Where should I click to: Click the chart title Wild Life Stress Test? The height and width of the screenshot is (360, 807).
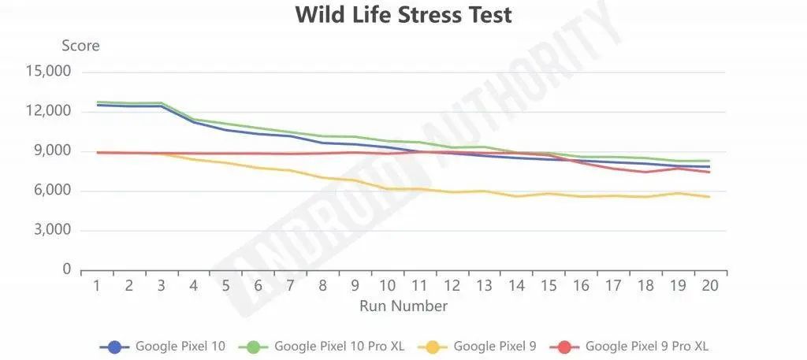point(403,15)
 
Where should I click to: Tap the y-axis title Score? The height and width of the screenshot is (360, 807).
point(80,46)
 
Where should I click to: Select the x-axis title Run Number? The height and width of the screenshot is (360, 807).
point(403,306)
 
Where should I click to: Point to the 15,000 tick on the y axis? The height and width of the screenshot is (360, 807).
point(48,72)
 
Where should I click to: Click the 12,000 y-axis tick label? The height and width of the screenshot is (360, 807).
point(48,111)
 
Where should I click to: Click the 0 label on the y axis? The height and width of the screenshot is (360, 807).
point(67,270)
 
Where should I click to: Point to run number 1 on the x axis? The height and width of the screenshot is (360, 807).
point(97,285)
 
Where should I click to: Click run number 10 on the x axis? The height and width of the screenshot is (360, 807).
point(387,285)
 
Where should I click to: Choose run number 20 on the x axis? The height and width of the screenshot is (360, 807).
point(710,285)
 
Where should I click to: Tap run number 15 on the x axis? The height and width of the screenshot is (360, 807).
point(549,285)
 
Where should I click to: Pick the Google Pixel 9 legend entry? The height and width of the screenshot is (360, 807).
point(495,345)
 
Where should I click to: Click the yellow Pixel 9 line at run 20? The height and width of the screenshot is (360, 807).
point(710,197)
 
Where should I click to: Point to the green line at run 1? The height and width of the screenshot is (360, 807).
point(97,102)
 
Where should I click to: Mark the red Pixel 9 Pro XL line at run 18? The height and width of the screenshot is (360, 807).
point(645,172)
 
